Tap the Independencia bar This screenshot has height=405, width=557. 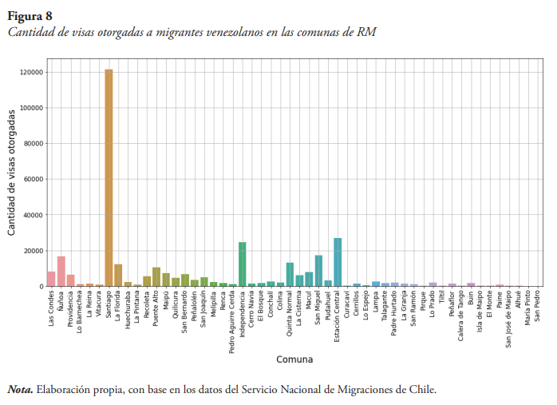click(x=242, y=264)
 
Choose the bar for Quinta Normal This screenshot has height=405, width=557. click(x=290, y=274)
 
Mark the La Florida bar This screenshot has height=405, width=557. click(x=118, y=275)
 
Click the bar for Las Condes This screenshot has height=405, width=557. click(x=51, y=279)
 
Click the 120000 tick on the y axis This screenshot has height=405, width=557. click(x=32, y=73)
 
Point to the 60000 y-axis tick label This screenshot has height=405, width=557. click(x=34, y=180)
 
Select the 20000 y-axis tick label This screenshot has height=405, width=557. click(x=34, y=251)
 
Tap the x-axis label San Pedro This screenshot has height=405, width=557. click(x=538, y=304)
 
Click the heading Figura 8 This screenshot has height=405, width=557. click(x=30, y=15)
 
